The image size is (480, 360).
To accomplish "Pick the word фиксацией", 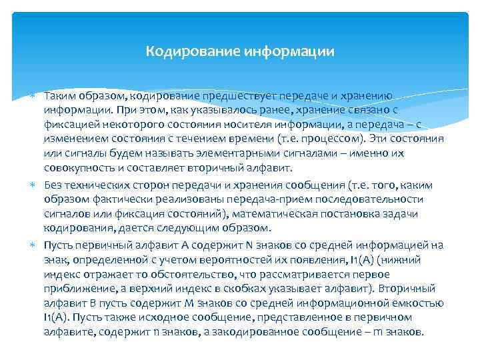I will point(69,125).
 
